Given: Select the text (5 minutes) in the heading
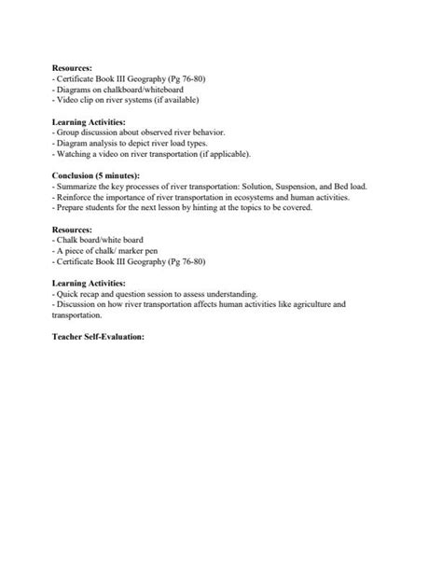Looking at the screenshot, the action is (x=120, y=175).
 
